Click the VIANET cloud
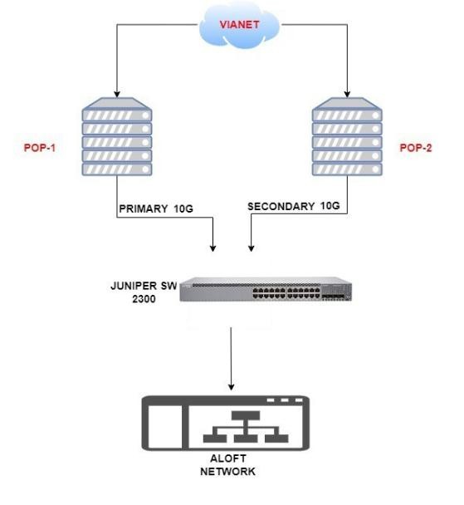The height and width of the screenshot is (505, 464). click(239, 26)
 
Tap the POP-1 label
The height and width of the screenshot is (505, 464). click(40, 148)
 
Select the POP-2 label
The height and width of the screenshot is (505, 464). click(415, 148)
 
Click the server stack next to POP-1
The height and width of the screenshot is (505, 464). click(117, 136)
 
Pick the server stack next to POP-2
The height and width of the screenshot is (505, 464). click(347, 136)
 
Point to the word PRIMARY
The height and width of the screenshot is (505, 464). click(144, 208)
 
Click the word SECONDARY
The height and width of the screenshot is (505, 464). click(281, 207)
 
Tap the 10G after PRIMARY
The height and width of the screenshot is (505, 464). click(183, 208)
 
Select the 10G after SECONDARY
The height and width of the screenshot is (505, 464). click(330, 206)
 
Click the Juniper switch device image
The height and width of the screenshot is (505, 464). click(266, 289)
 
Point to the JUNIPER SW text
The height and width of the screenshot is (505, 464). click(144, 286)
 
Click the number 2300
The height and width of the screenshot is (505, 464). click(144, 299)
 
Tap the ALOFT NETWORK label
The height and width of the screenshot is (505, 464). click(227, 465)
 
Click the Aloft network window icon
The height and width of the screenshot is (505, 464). click(226, 423)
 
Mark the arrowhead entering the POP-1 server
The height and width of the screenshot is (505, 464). click(117, 94)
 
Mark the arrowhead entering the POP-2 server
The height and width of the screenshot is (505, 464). click(347, 94)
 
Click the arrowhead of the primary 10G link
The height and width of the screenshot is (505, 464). click(212, 248)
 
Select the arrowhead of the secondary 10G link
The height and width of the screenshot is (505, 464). click(252, 248)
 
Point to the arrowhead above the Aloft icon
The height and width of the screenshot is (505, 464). click(231, 387)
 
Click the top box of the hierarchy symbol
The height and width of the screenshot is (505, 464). click(246, 415)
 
